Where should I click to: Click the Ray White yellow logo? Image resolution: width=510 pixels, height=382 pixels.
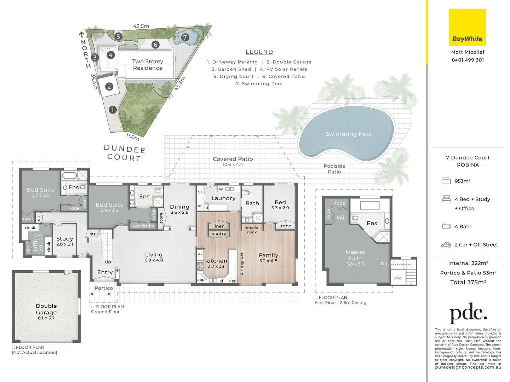click(x=467, y=27)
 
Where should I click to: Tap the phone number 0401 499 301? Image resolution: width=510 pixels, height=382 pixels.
click(x=468, y=60)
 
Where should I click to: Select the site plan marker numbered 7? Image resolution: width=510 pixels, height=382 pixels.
click(x=185, y=37)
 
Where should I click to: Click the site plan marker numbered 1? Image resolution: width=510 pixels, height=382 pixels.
click(x=113, y=110)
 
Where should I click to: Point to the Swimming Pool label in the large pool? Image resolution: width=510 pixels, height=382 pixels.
click(x=348, y=134)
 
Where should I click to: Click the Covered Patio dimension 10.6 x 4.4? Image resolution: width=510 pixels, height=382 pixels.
click(x=233, y=165)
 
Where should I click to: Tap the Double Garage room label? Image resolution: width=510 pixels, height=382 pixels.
click(x=46, y=309)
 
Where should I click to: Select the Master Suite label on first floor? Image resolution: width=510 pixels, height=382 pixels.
click(x=355, y=255)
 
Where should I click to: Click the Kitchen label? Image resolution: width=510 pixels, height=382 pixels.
click(x=216, y=261)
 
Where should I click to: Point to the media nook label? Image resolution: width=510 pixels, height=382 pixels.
click(x=252, y=230)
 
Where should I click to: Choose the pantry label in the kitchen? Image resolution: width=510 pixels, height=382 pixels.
click(x=219, y=234)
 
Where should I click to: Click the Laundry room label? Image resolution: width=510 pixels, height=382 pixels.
click(x=223, y=198)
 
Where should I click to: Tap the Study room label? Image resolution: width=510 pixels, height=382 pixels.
click(x=64, y=239)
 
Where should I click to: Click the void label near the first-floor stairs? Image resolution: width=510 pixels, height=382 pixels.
click(x=397, y=278)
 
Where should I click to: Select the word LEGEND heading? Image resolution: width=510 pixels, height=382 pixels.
click(x=259, y=52)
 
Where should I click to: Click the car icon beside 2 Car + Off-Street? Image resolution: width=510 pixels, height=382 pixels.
click(x=446, y=245)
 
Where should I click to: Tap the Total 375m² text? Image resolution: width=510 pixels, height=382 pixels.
click(x=468, y=282)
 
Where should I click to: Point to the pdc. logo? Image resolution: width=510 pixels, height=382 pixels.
click(x=468, y=313)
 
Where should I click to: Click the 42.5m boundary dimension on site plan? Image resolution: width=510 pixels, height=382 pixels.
click(x=141, y=26)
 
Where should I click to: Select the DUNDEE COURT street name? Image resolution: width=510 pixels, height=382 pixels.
click(x=124, y=154)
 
